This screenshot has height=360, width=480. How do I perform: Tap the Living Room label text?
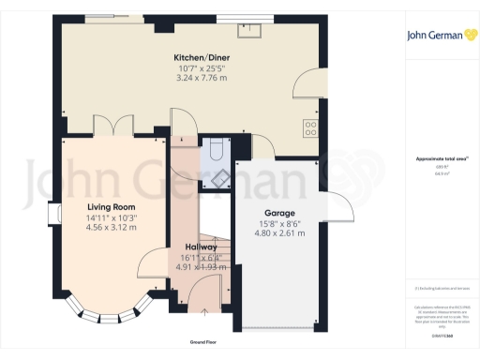112,207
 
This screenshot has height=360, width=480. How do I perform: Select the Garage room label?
280,213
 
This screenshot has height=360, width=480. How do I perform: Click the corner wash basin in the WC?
222,178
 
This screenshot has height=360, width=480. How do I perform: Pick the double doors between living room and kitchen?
112,127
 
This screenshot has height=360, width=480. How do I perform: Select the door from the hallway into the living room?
150,265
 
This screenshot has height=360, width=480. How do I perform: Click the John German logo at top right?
441,36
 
